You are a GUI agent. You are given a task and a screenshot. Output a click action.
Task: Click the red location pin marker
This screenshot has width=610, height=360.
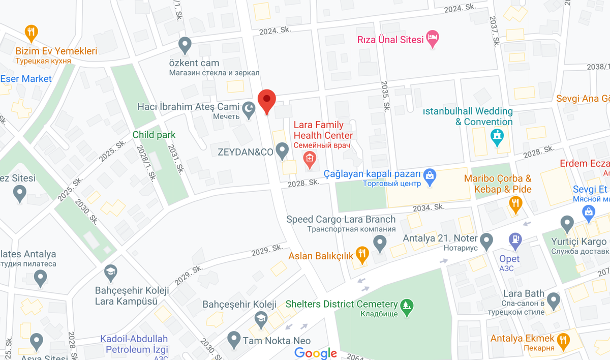[x=267, y=101]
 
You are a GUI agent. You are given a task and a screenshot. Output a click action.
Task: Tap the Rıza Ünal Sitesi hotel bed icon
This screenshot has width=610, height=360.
[x=433, y=38]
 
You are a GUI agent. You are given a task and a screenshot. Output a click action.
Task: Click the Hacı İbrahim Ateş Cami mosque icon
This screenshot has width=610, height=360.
[x=249, y=110]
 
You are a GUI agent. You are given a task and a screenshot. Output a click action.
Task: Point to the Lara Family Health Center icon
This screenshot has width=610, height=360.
[x=309, y=160]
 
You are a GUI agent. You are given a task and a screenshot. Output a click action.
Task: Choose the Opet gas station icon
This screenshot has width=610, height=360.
[x=515, y=239]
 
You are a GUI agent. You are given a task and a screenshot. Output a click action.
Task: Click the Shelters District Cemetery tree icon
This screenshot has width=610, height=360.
[x=407, y=306]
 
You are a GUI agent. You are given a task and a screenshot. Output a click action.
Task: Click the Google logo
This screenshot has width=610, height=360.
[x=316, y=353]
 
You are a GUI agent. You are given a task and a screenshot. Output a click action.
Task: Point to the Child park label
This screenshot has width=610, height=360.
[x=154, y=135]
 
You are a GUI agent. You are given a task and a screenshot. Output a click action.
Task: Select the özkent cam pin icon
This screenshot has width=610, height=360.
[x=185, y=45]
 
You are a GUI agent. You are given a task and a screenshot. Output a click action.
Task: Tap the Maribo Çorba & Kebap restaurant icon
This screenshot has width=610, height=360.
[x=515, y=204]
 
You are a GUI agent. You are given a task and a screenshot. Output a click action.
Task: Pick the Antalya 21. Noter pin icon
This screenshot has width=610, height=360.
[x=486, y=240]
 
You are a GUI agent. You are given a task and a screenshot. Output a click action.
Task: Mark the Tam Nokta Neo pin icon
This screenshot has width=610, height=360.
[x=234, y=339]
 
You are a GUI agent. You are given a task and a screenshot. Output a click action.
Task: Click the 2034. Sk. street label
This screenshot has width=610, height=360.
[x=429, y=207]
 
